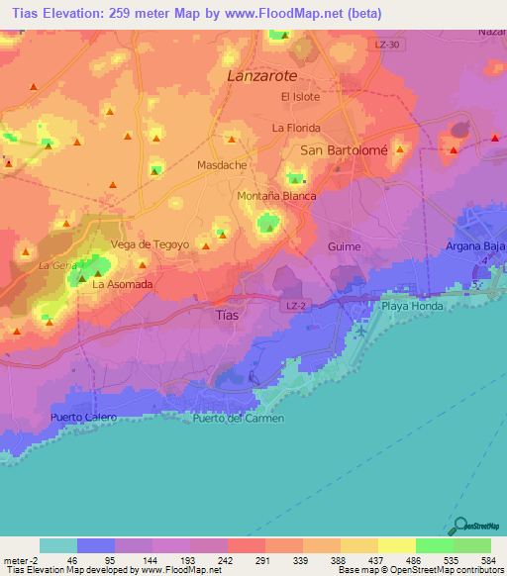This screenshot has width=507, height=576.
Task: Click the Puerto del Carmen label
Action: tap(239, 418)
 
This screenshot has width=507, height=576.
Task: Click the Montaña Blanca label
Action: tap(276, 196)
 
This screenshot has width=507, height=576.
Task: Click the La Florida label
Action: tap(296, 128)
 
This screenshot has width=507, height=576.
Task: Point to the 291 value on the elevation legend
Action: tap(264, 559)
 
